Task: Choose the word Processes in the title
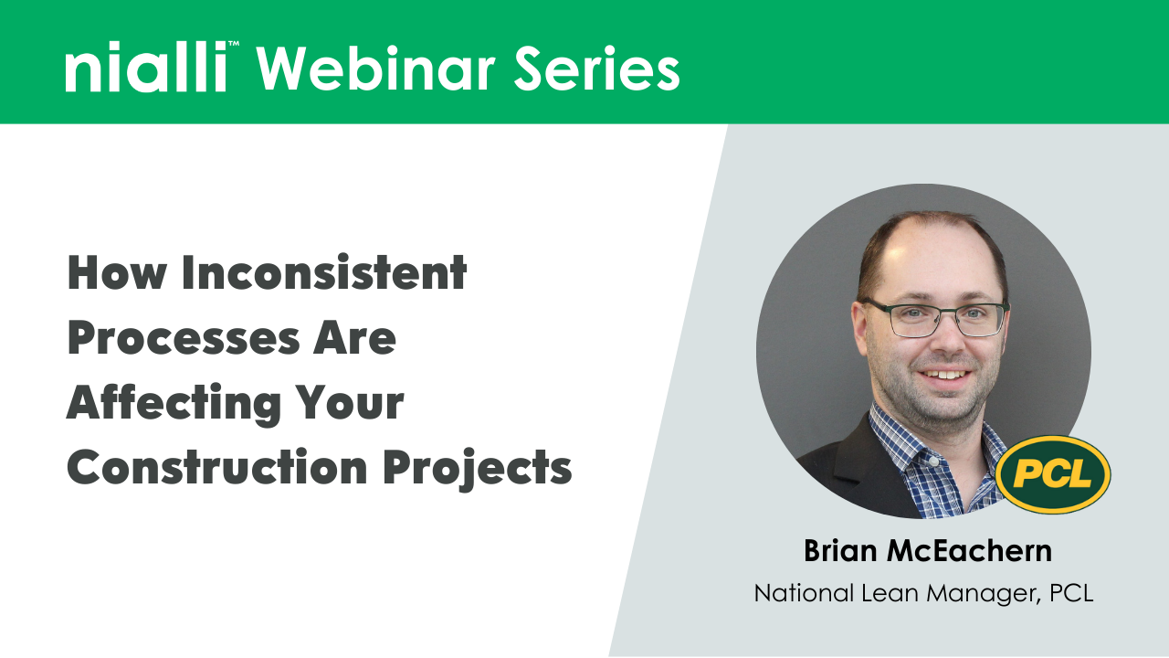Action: (x=174, y=337)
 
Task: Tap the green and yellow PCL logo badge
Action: (x=1052, y=474)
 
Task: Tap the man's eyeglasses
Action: (x=937, y=318)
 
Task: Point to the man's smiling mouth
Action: (x=944, y=374)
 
